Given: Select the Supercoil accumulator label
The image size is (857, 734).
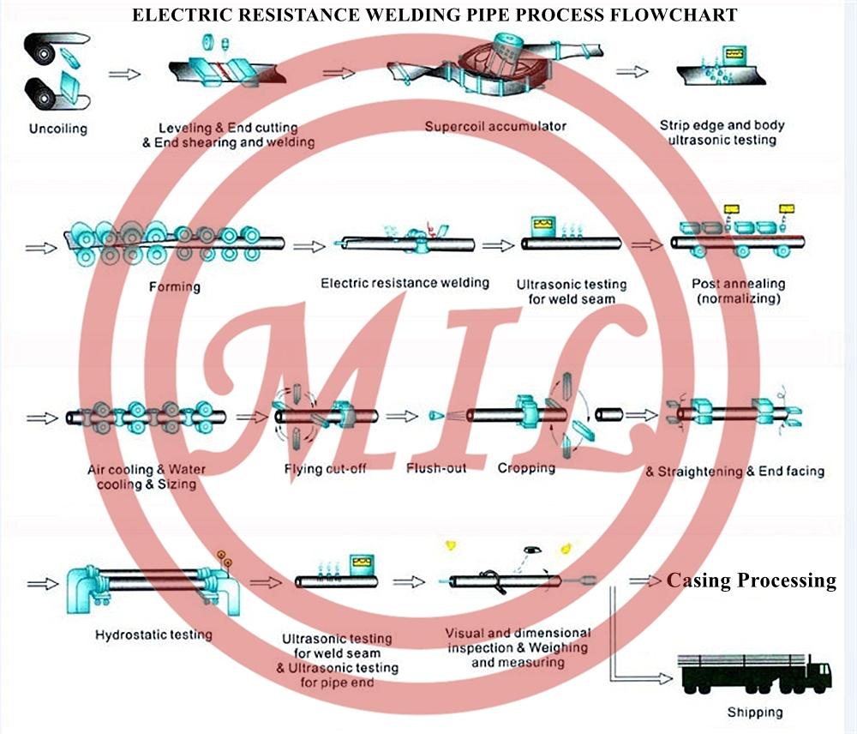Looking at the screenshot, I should click(x=495, y=126).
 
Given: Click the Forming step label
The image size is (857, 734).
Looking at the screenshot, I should click(x=174, y=287).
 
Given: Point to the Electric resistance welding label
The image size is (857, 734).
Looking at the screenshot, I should click(x=405, y=282).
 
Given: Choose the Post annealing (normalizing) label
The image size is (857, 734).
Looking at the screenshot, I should click(x=738, y=292).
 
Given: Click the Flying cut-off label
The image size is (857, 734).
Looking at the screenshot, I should click(x=325, y=469).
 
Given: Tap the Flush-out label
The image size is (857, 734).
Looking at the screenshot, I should click(x=436, y=469).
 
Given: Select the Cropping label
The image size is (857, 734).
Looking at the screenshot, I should click(x=526, y=468).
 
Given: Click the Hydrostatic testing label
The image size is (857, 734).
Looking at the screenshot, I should click(x=153, y=635).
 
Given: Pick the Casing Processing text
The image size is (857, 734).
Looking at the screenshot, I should click(x=751, y=581).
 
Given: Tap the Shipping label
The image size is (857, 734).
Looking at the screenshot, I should click(x=754, y=712).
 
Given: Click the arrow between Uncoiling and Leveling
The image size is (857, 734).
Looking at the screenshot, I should click(x=124, y=75).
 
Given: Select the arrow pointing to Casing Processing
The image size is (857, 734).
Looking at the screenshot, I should click(x=645, y=581).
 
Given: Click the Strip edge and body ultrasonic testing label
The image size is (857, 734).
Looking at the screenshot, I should click(x=722, y=132).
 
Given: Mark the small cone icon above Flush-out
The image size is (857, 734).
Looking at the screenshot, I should click(x=435, y=416).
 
